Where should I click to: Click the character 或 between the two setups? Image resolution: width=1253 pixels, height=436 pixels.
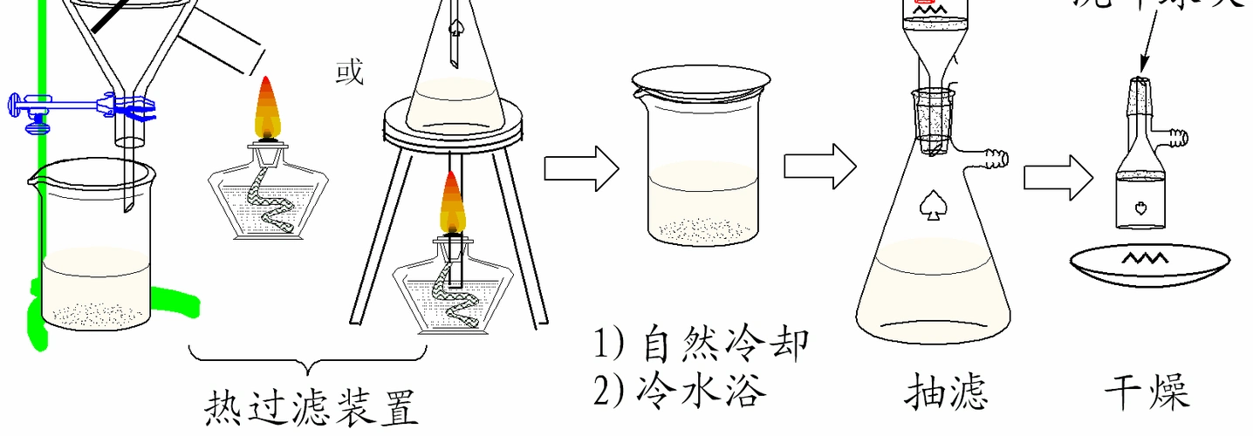pyautogui.click(x=349, y=72)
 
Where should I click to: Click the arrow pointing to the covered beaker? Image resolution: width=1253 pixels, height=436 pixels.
pyautogui.click(x=581, y=167)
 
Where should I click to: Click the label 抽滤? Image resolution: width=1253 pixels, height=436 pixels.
pyautogui.click(x=946, y=390)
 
